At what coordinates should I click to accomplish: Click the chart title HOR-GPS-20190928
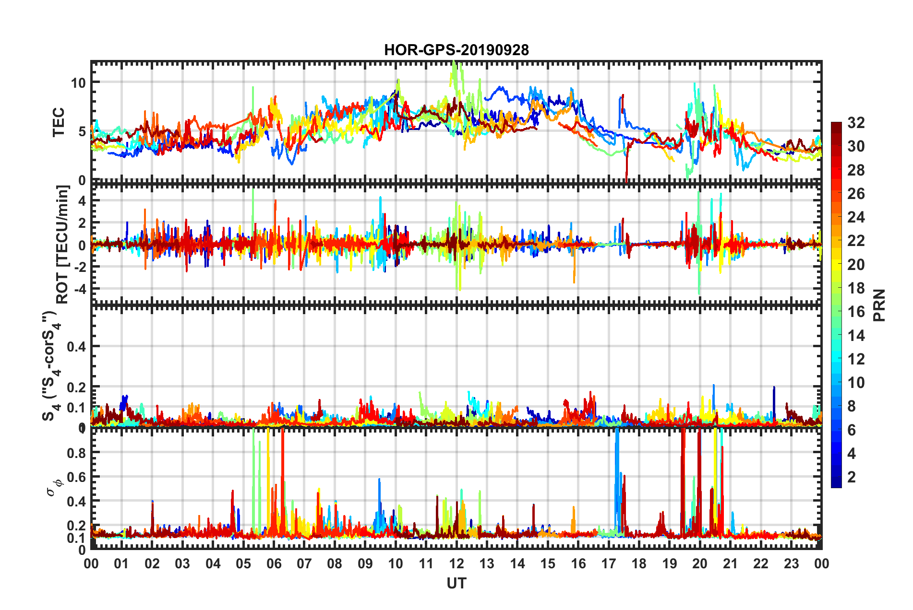pyautogui.click(x=456, y=50)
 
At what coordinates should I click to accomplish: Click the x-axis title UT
pyautogui.click(x=456, y=584)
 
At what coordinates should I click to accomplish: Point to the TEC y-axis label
pyautogui.click(x=59, y=122)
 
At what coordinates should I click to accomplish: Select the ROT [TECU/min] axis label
pyautogui.click(x=62, y=245)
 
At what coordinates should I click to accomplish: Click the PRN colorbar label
pyautogui.click(x=879, y=305)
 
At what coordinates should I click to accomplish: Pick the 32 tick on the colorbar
pyautogui.click(x=856, y=123)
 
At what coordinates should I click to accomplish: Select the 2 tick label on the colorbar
pyautogui.click(x=852, y=477)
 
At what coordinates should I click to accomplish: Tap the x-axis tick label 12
pyautogui.click(x=456, y=563)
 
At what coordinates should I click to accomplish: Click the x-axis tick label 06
pyautogui.click(x=274, y=563)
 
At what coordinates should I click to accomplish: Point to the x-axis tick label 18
pyautogui.click(x=639, y=563)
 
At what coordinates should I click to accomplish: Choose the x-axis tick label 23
pyautogui.click(x=791, y=563)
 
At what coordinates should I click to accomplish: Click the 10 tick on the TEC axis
pyautogui.click(x=78, y=83)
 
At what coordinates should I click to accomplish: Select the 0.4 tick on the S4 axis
pyautogui.click(x=76, y=346)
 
